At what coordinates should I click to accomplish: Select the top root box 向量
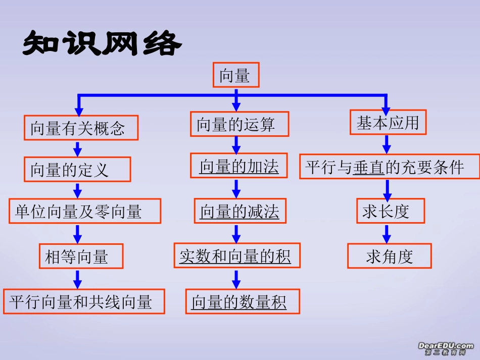pyautogui.click(x=236, y=76)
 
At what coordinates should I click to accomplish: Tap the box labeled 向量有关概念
pyautogui.click(x=81, y=128)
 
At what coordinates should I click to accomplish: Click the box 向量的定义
pyautogui.click(x=77, y=169)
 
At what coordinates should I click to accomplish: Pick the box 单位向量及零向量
pyautogui.click(x=85, y=211)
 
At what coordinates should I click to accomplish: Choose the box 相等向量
pyautogui.click(x=81, y=256)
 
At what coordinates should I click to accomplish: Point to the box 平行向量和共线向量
pyautogui.click(x=84, y=301)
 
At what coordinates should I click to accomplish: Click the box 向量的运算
pyautogui.click(x=239, y=124)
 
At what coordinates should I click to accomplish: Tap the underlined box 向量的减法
pyautogui.click(x=240, y=211)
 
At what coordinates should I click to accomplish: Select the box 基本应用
pyautogui.click(x=388, y=123)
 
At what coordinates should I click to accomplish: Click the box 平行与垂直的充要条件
pyautogui.click(x=390, y=167)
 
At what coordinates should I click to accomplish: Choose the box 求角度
pyautogui.click(x=389, y=256)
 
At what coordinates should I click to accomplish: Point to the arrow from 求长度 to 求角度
pyautogui.click(x=387, y=233)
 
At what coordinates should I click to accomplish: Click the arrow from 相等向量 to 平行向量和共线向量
pyautogui.click(x=77, y=279)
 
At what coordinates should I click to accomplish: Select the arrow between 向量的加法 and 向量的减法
pyautogui.click(x=236, y=188)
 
